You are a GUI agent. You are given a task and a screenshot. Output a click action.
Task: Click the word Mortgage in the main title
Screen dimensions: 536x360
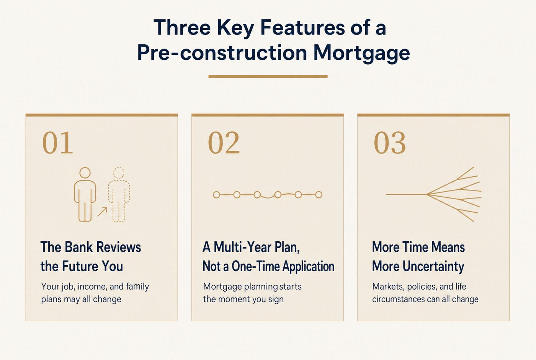361,53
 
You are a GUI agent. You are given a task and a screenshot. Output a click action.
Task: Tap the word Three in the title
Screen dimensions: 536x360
182,27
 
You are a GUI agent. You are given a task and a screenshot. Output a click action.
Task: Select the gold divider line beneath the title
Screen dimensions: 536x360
268,77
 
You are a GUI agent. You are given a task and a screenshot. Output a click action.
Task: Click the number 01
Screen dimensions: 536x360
57,143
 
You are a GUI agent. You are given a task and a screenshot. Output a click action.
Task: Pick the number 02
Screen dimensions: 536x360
224,143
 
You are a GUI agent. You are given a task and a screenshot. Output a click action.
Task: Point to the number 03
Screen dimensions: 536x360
390,143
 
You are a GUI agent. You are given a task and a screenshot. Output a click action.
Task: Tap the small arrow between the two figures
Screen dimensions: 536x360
102,212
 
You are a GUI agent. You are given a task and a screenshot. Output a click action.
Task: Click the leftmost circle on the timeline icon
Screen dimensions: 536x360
216,195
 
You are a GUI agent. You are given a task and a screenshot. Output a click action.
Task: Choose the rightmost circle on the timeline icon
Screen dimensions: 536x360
319,195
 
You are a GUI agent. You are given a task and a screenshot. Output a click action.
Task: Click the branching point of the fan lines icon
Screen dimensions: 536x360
427,195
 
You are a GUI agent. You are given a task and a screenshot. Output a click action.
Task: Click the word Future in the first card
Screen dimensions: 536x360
80,266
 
